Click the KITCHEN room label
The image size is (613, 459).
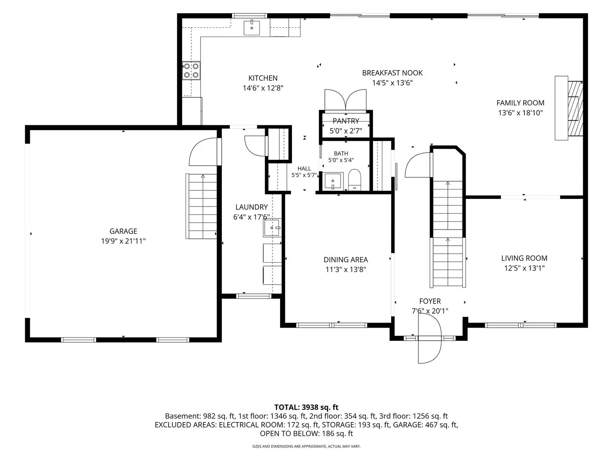click(263, 78)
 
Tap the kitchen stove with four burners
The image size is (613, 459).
click(191, 71)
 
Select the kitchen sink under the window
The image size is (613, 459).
click(252, 28)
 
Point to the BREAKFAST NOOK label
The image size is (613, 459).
click(392, 73)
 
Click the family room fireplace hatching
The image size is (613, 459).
click(575, 108)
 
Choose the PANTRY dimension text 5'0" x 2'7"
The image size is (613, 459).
click(346, 131)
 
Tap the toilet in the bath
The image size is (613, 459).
click(355, 179)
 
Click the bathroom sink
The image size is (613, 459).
click(333, 181)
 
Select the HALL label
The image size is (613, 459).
click(304, 168)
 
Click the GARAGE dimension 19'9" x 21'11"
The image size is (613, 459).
click(123, 241)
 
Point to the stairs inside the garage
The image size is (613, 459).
click(201, 206)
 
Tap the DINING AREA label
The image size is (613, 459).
click(346, 260)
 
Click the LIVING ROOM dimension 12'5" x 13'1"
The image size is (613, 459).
click(524, 268)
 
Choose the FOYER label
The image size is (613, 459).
click(430, 301)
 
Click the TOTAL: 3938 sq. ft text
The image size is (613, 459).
click(306, 408)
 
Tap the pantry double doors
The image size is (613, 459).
click(346, 100)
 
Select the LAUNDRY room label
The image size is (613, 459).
click(252, 207)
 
